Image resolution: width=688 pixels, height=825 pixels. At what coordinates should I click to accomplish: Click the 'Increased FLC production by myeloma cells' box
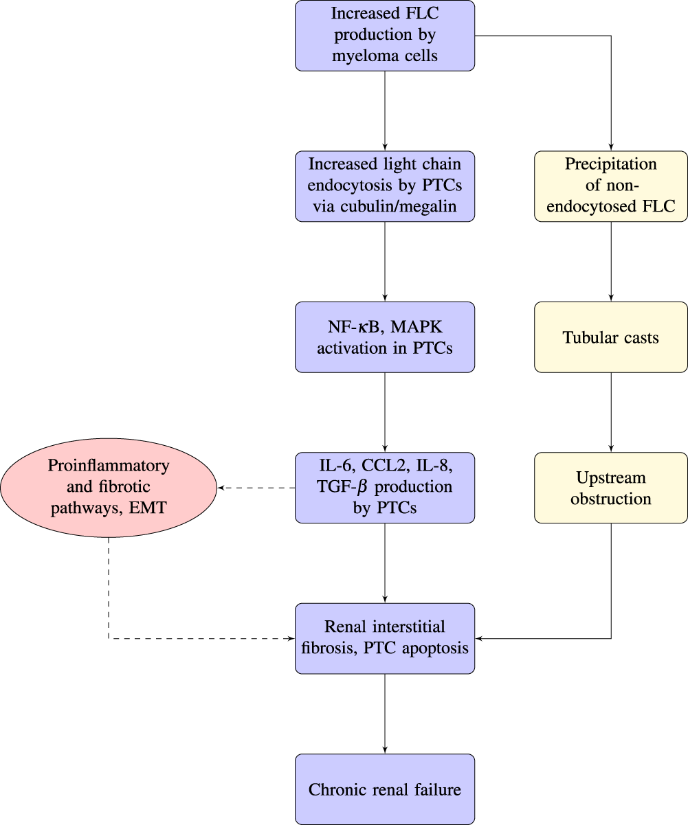[x=385, y=35]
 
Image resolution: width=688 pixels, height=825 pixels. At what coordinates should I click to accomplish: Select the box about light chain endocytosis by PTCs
[x=385, y=186]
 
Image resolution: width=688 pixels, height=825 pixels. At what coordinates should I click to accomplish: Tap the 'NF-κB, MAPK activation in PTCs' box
[x=385, y=337]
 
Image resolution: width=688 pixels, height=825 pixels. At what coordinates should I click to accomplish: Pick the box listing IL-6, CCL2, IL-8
[x=385, y=488]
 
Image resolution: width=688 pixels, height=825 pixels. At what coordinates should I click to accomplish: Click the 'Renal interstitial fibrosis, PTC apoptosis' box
[x=385, y=638]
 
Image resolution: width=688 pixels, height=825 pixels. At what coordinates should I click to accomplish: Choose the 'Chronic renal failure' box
[x=385, y=789]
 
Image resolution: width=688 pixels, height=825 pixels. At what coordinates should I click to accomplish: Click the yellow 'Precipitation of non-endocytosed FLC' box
[x=611, y=186]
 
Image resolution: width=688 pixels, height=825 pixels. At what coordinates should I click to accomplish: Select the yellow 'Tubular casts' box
[x=611, y=337]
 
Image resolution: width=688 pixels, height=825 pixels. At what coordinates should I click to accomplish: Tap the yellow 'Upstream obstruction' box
[x=611, y=488]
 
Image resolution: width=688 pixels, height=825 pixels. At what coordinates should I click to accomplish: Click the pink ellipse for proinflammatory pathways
[x=109, y=488]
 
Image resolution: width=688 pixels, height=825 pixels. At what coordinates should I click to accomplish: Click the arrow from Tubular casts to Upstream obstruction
[x=611, y=412]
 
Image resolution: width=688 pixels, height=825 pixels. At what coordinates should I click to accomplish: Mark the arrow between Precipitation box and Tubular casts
[x=611, y=261]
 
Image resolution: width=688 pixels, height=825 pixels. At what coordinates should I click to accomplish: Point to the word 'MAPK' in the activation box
[x=419, y=328]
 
